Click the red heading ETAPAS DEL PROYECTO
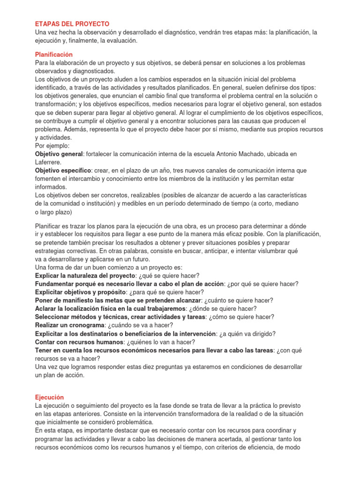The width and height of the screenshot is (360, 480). [72, 23]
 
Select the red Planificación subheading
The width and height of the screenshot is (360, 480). [54, 54]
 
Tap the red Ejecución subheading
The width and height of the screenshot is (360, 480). [49, 397]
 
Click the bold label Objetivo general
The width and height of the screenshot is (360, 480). [59, 154]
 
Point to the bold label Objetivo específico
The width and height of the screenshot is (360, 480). [63, 171]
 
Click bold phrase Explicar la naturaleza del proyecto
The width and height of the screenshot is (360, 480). [85, 275]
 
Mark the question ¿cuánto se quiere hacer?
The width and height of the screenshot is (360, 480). [239, 300]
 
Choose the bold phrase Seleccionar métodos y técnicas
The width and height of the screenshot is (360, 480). [83, 317]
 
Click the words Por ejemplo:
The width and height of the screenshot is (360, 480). [52, 146]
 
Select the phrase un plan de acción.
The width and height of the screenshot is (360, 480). [60, 375]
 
